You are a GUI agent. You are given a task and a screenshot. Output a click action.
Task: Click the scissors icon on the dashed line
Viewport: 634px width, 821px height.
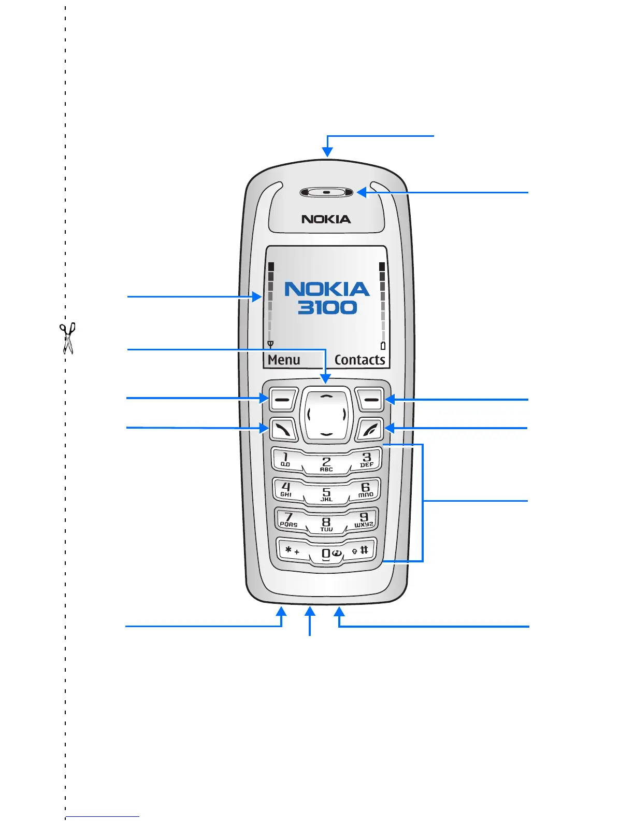[x=67, y=338]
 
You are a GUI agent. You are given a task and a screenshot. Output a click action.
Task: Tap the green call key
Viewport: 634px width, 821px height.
[x=283, y=429]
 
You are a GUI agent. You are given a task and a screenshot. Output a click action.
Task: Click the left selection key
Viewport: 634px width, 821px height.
[x=282, y=400]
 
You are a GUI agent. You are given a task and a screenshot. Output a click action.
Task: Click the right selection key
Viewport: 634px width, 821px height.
[x=370, y=400]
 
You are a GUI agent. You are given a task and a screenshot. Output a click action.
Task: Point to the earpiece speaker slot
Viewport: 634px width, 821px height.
[x=326, y=193]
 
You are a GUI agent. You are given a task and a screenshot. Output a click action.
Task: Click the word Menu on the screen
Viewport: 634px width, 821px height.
[x=284, y=360]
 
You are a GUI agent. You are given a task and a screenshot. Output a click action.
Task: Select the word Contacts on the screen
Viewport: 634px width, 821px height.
[x=359, y=360]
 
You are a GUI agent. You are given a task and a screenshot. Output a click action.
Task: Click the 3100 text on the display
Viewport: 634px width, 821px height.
[x=327, y=307]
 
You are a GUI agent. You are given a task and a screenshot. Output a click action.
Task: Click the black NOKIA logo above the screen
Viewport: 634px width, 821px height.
[x=326, y=219]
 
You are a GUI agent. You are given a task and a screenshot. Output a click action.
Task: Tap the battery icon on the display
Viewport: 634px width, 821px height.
[x=383, y=346]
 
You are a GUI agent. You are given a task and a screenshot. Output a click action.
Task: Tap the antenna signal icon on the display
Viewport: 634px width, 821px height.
[x=270, y=344]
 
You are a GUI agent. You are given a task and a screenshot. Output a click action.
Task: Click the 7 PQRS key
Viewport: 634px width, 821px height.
[x=289, y=519]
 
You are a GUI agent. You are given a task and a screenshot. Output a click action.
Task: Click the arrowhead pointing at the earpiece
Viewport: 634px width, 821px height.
[x=362, y=193]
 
